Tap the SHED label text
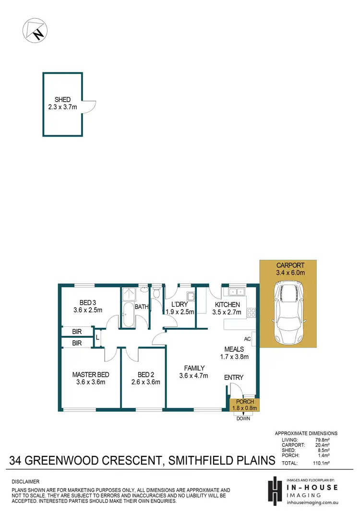click(x=62, y=100)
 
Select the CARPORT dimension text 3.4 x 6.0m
click(x=290, y=273)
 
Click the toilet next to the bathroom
click(x=156, y=293)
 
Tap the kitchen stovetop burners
click(x=251, y=312)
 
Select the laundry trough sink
click(x=190, y=295)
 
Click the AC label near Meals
click(x=248, y=338)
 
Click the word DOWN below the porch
click(x=243, y=418)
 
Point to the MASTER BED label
click(x=91, y=375)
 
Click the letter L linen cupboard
click(x=97, y=337)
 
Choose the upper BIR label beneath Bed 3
click(x=77, y=332)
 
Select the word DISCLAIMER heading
click(x=25, y=481)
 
